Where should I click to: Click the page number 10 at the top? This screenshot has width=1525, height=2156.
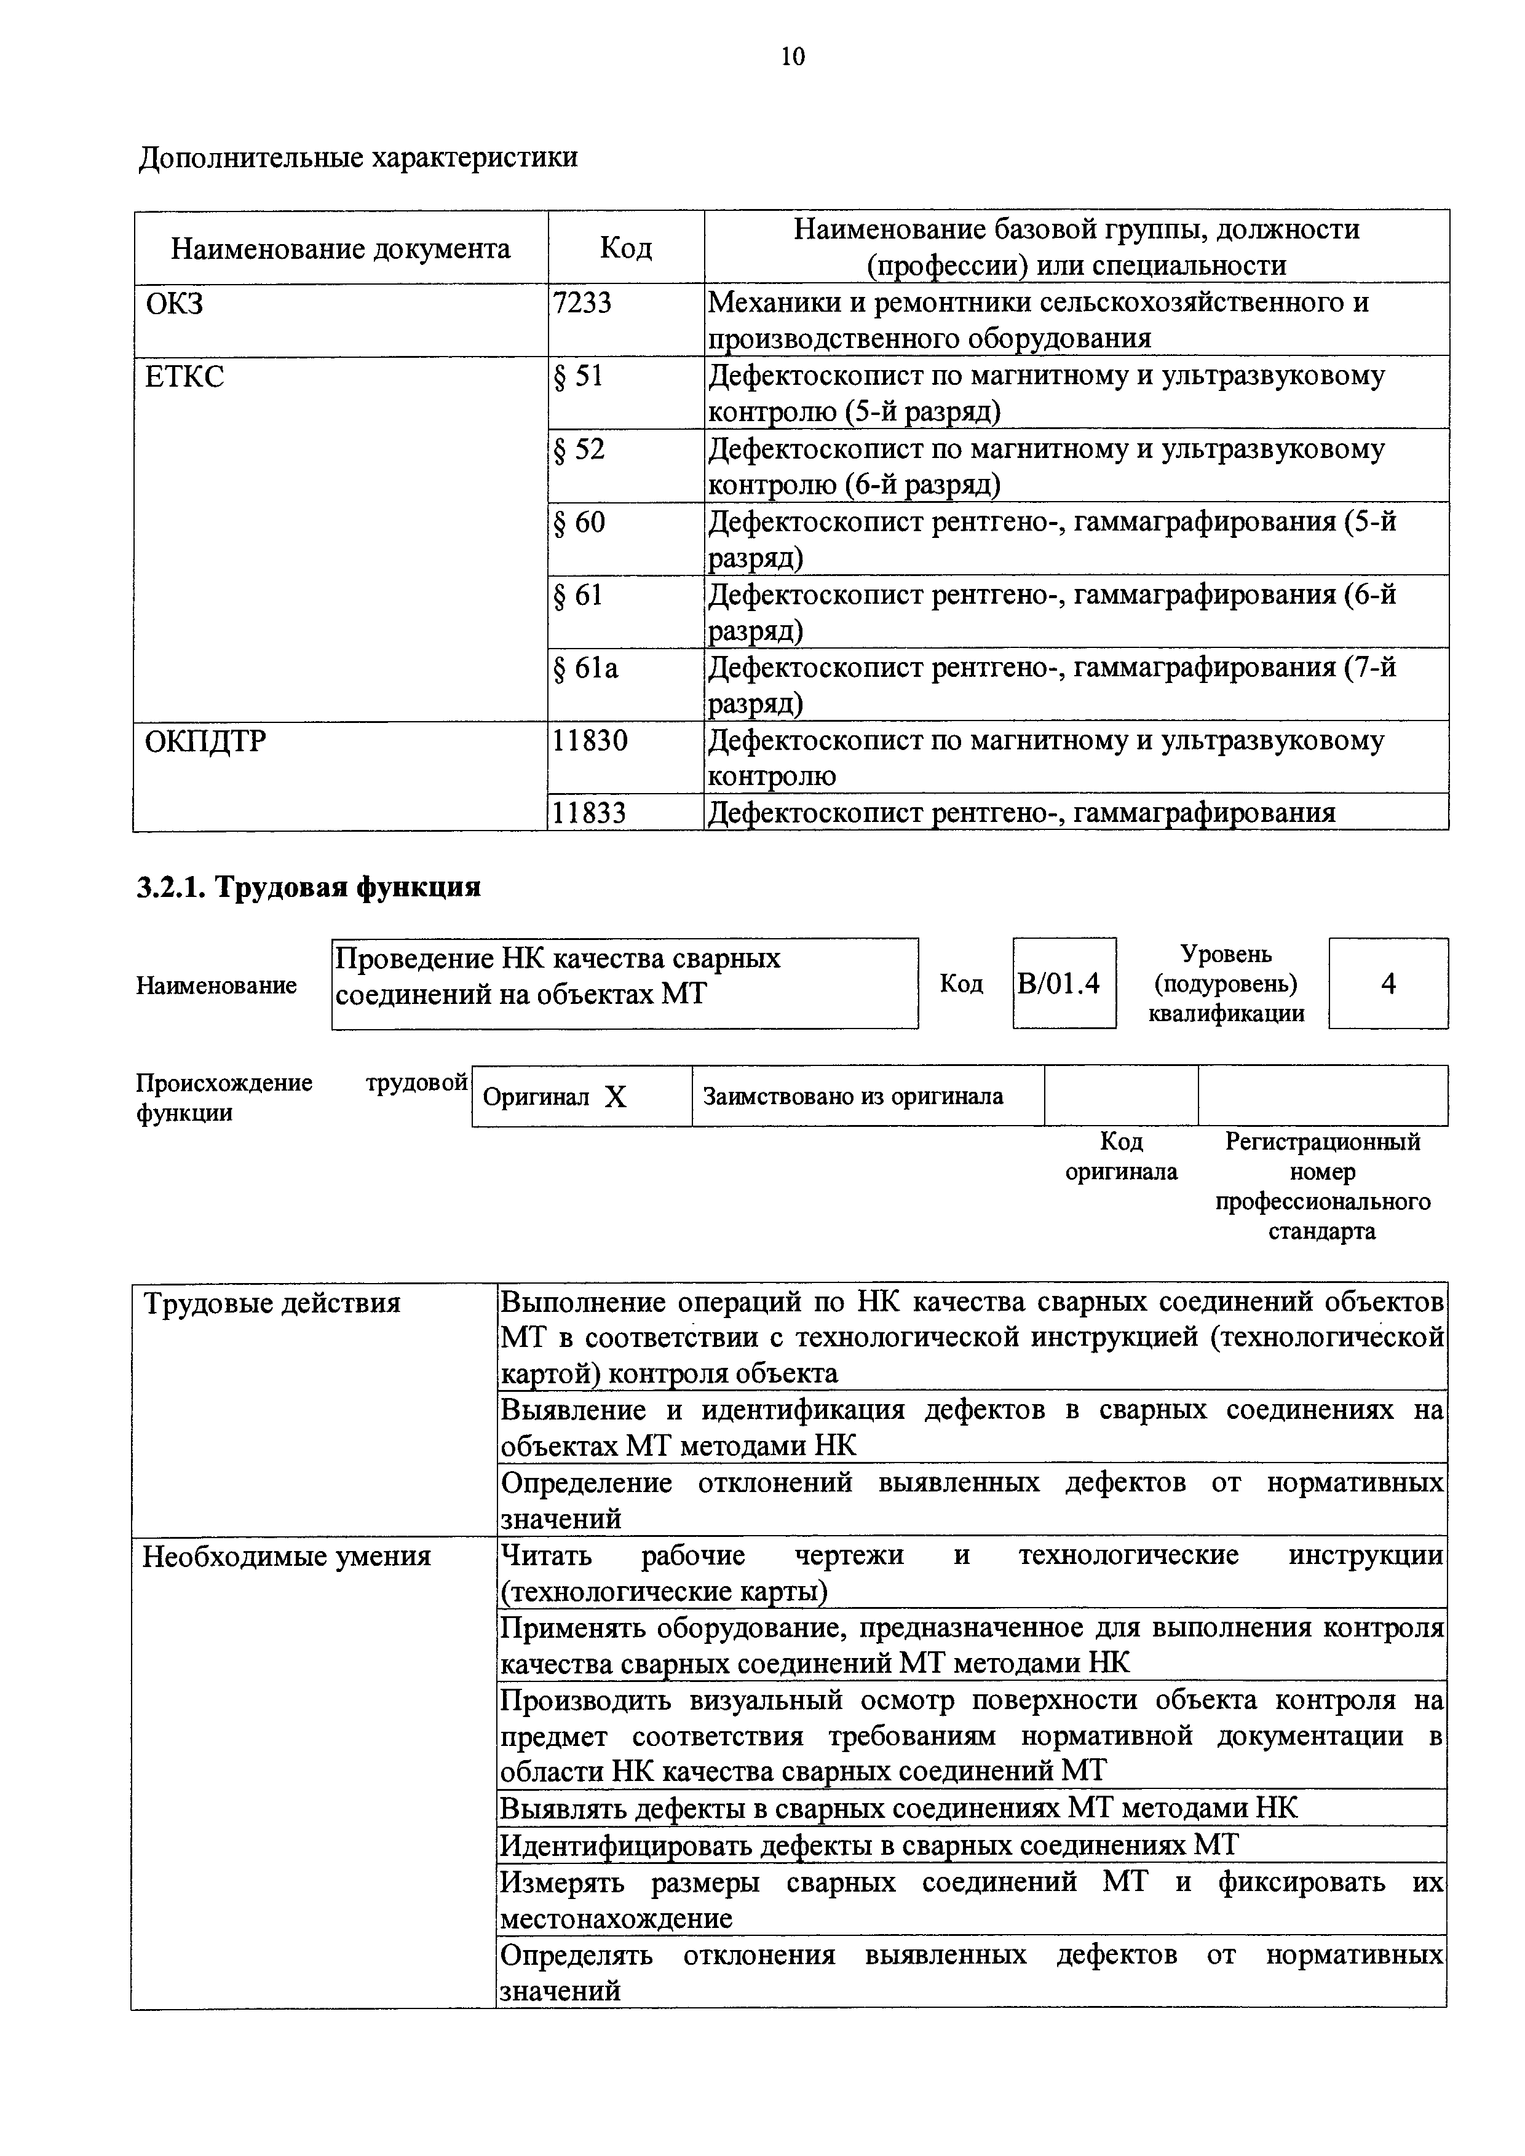point(793,57)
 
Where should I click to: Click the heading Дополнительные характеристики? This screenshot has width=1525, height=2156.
point(358,157)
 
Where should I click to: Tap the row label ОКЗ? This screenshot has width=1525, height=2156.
point(175,303)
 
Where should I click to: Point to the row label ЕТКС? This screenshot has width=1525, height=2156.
point(185,377)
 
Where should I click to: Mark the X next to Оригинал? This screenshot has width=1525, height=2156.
point(615,1097)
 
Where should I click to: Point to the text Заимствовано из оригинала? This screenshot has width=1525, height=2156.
point(853,1096)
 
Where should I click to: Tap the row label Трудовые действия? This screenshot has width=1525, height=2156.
point(271,1303)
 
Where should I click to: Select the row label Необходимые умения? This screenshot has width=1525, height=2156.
point(287,1557)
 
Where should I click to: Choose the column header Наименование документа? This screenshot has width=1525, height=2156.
point(340,248)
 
